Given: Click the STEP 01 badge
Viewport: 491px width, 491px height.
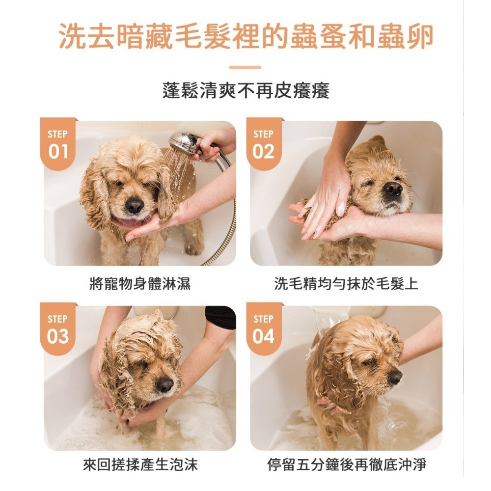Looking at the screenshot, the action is point(58,144).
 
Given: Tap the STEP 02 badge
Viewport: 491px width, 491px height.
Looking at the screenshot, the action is point(264,144).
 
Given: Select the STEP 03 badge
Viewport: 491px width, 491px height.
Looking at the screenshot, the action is point(58,329).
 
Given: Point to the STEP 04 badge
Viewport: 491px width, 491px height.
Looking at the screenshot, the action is point(264,329).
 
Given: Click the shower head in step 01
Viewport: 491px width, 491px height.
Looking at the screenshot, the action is point(185,140).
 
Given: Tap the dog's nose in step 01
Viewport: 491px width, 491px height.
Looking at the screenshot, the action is point(135,206).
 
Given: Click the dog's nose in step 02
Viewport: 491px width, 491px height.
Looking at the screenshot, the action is point(393,189).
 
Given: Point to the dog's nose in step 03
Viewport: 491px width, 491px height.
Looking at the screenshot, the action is point(164,385).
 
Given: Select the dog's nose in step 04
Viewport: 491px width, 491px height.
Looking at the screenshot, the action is point(395,377).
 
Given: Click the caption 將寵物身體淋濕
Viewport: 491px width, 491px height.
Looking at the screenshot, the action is point(140,284).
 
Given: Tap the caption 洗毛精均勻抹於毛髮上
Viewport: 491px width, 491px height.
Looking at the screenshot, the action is point(346,284).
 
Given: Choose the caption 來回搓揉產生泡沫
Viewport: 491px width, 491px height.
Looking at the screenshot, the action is point(140,464).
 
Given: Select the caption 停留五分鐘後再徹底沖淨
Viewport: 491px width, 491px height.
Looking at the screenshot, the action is point(347,464).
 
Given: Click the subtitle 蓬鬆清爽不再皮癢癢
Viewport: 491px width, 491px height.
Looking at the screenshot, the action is point(246,91).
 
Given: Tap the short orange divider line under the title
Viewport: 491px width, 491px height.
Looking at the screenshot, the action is point(245,67).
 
